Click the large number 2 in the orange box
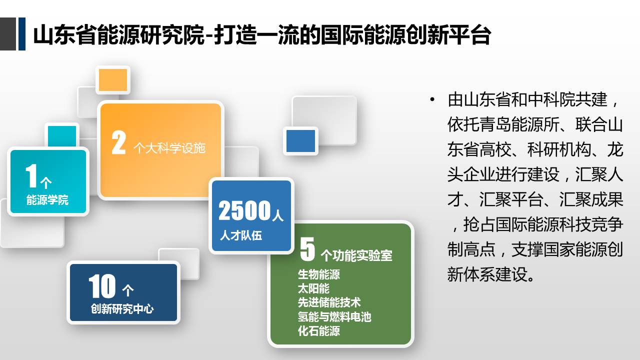118,142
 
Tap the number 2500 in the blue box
244,210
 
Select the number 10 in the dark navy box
102,286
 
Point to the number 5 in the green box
307,249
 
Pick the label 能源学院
47,200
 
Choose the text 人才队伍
241,235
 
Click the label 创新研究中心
122,309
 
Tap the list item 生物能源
319,274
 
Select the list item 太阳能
313,288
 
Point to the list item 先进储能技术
329,302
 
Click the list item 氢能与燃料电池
334,316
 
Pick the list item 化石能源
319,331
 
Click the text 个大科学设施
169,148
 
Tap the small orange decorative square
113,80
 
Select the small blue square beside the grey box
300,141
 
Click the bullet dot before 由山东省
432,99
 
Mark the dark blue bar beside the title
22,33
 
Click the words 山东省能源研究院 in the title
119,35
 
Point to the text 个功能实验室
356,255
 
